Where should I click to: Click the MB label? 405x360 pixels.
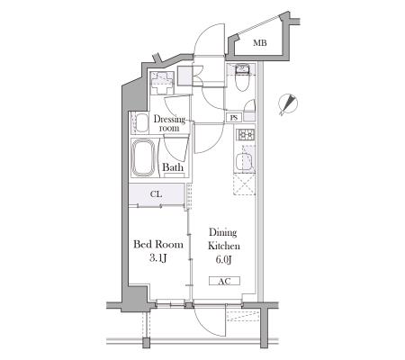tap(260, 43)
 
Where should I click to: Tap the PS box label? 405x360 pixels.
tap(234, 118)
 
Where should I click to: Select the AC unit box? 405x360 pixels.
tap(224, 281)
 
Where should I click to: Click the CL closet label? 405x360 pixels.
tap(156, 194)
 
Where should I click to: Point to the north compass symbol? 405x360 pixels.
tap(288, 104)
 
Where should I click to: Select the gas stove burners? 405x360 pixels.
tap(246, 135)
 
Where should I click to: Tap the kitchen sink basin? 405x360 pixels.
tap(245, 161)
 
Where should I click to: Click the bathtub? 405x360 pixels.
tap(144, 157)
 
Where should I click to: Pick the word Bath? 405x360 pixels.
tap(173, 167)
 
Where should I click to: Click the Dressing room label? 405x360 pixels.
tap(169, 123)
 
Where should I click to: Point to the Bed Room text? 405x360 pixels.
tap(158, 244)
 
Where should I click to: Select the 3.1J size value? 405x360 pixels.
tap(157, 258)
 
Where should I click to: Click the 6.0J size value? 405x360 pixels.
tap(224, 259)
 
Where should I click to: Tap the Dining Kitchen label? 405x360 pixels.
tap(224, 238)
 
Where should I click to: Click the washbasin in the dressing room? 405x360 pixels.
tap(139, 123)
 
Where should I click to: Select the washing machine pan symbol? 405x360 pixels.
tap(162, 83)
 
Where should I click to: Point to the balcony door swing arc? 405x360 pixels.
tap(210, 321)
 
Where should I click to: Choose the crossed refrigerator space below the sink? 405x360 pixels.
tap(244, 184)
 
